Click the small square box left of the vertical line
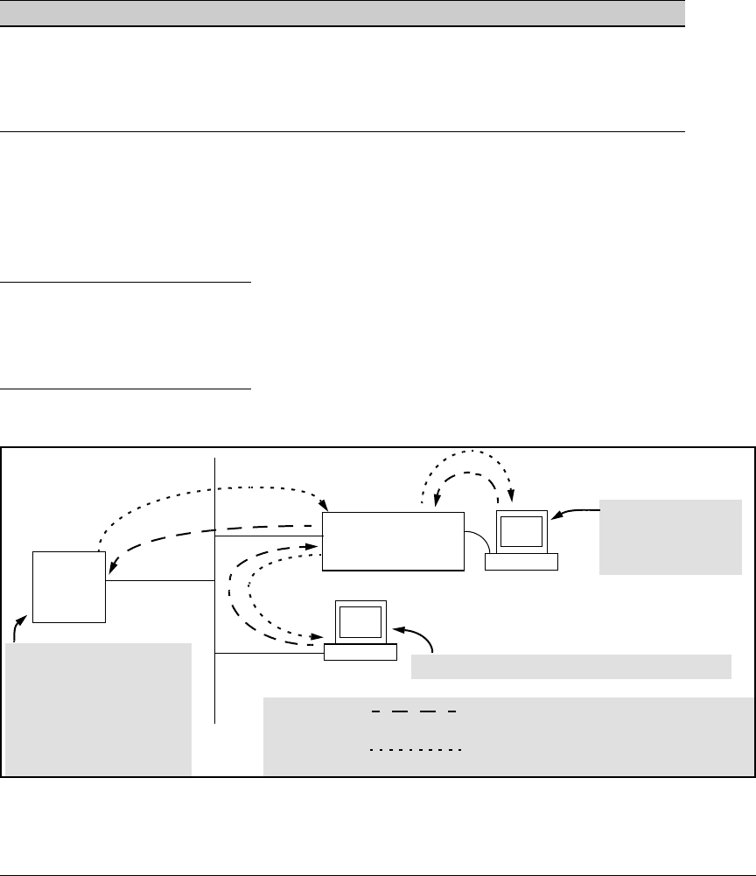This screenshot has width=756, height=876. click(69, 585)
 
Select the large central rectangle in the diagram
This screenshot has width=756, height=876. click(393, 541)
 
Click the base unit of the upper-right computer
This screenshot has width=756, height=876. click(521, 562)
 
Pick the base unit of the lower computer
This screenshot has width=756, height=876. click(360, 652)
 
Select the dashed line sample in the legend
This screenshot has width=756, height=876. click(410, 712)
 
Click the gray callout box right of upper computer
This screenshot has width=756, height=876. click(670, 536)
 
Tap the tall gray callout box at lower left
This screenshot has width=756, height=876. click(98, 708)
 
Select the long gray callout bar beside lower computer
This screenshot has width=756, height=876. click(570, 666)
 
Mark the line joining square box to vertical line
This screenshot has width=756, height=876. click(160, 580)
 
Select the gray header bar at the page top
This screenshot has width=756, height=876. click(341, 12)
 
